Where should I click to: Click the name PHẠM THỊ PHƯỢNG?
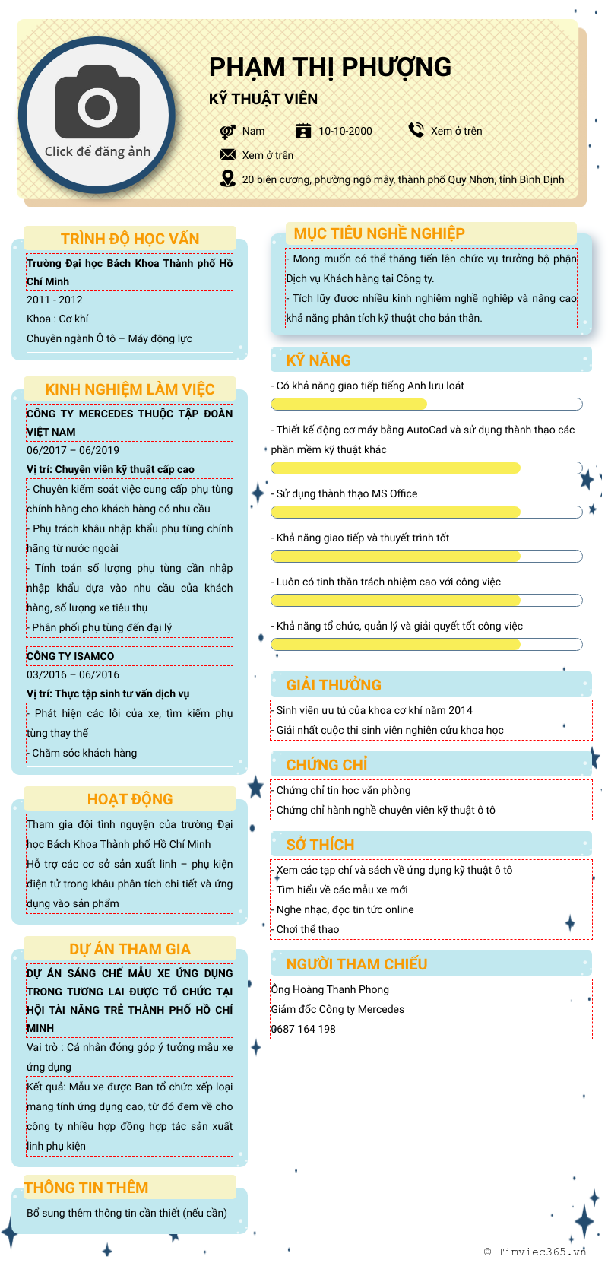[330, 68]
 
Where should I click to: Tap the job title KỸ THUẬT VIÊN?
[263, 99]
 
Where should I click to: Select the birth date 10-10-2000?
[345, 131]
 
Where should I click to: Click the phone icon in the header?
[416, 130]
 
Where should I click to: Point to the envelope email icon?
[227, 154]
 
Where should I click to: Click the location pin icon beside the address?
[227, 179]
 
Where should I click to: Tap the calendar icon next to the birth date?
[303, 131]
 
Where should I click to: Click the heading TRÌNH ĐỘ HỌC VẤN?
[130, 239]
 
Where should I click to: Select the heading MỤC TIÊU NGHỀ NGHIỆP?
[379, 233]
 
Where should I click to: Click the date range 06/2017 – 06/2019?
[73, 450]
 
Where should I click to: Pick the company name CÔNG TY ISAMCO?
[71, 656]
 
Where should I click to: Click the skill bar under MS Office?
[426, 512]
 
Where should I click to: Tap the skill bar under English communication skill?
[426, 404]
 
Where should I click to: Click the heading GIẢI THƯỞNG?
[334, 685]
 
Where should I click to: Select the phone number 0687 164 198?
[303, 1029]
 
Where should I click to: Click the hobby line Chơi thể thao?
[307, 929]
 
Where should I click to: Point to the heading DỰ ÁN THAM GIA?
[130, 949]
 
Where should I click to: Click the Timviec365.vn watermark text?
[541, 1252]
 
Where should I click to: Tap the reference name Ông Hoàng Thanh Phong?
[330, 989]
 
